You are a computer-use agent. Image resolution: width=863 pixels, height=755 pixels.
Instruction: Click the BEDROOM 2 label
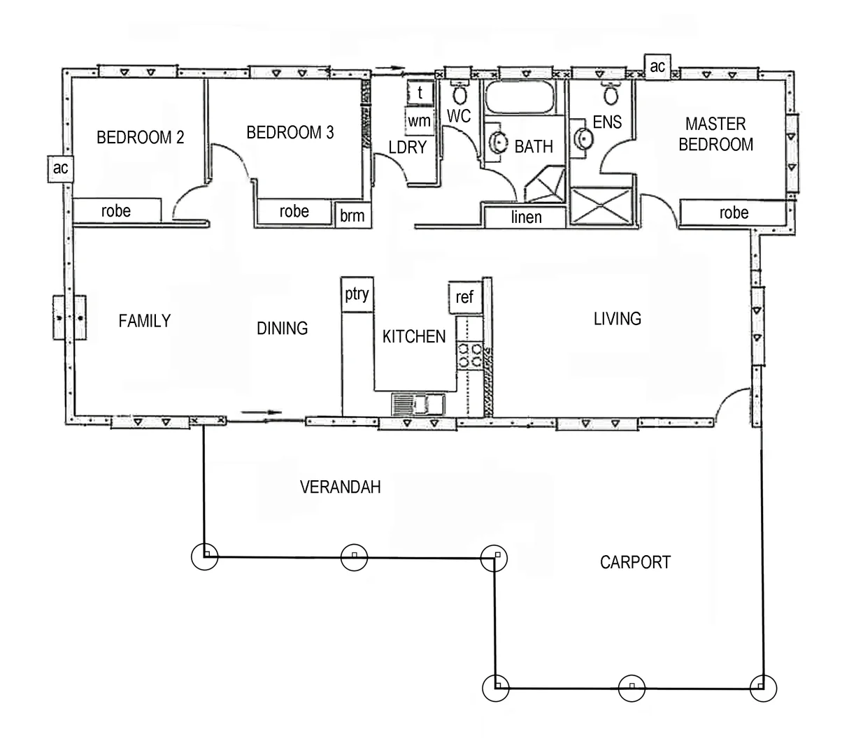click(140, 138)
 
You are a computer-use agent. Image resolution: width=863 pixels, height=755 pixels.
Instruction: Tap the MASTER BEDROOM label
click(715, 134)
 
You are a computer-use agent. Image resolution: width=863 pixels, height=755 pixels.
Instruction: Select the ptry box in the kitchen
click(357, 294)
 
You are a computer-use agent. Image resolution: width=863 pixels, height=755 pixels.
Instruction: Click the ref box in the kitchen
click(464, 297)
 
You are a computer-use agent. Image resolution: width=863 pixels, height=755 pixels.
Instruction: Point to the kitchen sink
click(418, 405)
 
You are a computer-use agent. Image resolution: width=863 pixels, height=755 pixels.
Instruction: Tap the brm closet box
click(352, 215)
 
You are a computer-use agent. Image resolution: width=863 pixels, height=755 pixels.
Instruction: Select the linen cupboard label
click(526, 217)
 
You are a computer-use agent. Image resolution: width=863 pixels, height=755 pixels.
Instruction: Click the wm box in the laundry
click(419, 120)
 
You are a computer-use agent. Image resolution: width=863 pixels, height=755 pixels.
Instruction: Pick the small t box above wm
click(420, 92)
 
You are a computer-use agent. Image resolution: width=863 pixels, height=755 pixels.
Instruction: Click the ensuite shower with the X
click(603, 206)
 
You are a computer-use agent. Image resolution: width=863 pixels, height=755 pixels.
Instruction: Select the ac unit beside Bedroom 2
click(61, 168)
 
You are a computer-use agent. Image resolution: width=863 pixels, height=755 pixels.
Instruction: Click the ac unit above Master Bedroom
click(657, 66)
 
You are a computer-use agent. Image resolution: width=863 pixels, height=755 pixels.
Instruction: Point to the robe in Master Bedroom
click(733, 213)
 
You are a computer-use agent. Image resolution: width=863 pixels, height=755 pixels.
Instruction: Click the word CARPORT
click(635, 562)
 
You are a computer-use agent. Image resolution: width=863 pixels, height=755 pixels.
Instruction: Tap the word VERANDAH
click(340, 487)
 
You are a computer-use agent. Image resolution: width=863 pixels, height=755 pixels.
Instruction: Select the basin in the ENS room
click(582, 138)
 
